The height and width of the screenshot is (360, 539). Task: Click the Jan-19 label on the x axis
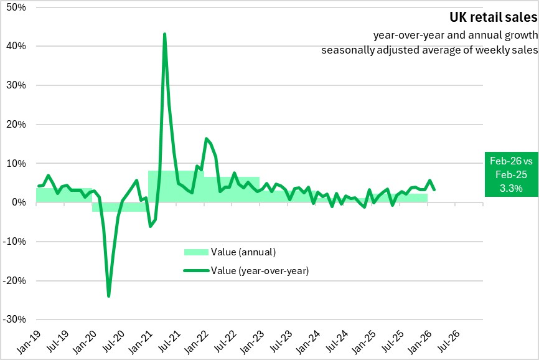click(26, 341)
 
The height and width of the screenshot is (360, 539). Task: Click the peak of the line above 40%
click(164, 34)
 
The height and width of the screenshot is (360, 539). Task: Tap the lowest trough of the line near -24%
click(109, 296)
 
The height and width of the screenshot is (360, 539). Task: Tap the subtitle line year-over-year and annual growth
click(451, 35)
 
